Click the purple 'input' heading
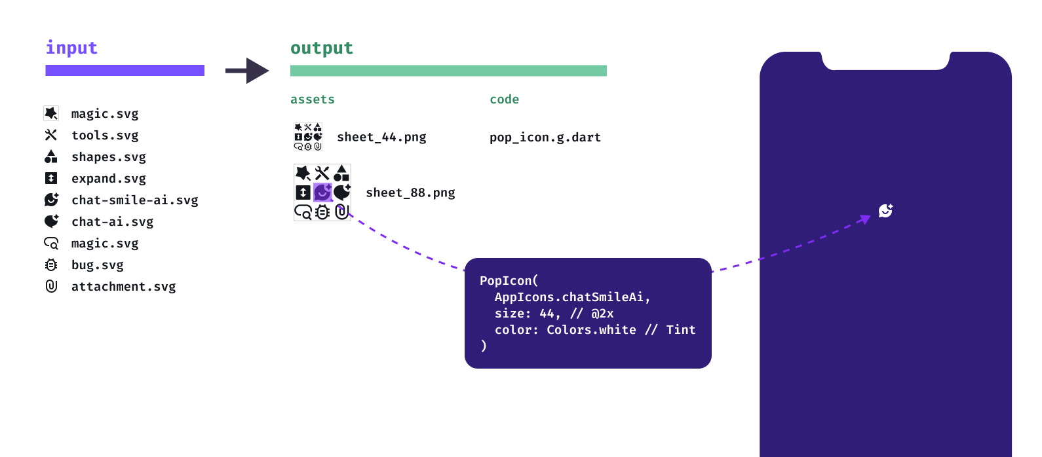71,48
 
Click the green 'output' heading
321,48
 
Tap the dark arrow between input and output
247,71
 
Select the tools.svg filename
105,136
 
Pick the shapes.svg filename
109,157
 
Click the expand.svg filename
109,179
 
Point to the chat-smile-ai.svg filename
134,200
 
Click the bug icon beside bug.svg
51,265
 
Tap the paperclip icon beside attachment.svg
51,286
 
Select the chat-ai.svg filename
112,222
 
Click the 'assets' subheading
313,100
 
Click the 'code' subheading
504,100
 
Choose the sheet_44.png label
381,137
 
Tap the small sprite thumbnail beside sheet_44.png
308,137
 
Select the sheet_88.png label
410,193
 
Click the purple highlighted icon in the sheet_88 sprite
322,192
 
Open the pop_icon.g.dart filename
545,137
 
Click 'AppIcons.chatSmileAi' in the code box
571,297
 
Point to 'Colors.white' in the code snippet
591,330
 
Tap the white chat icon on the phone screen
885,210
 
